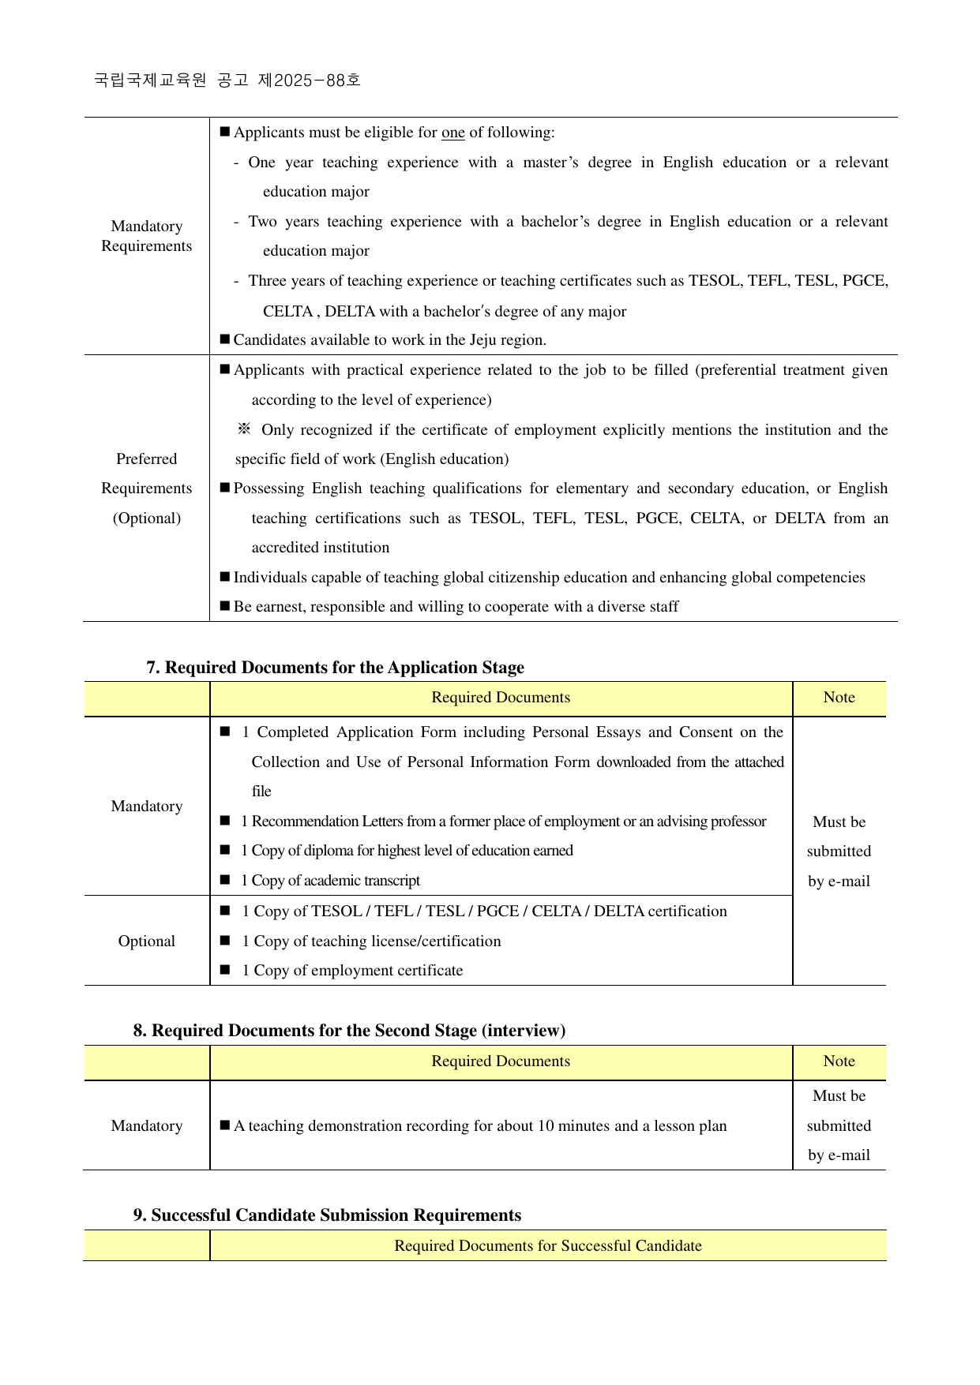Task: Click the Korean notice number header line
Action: point(227,80)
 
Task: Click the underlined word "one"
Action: point(452,133)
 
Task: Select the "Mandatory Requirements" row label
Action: point(147,236)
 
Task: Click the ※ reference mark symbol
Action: point(244,429)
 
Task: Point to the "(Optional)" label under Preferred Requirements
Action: point(147,518)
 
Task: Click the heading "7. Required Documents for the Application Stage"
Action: point(335,668)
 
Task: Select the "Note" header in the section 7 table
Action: point(839,698)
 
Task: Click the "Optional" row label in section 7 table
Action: point(147,941)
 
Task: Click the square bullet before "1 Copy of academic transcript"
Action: point(225,880)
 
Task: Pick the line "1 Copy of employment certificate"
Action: point(352,971)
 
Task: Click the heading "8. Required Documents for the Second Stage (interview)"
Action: point(349,1031)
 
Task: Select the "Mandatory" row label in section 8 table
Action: point(147,1126)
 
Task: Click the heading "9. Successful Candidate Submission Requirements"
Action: point(327,1215)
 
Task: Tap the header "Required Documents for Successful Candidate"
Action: point(548,1246)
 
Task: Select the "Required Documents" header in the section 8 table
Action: point(501,1061)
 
